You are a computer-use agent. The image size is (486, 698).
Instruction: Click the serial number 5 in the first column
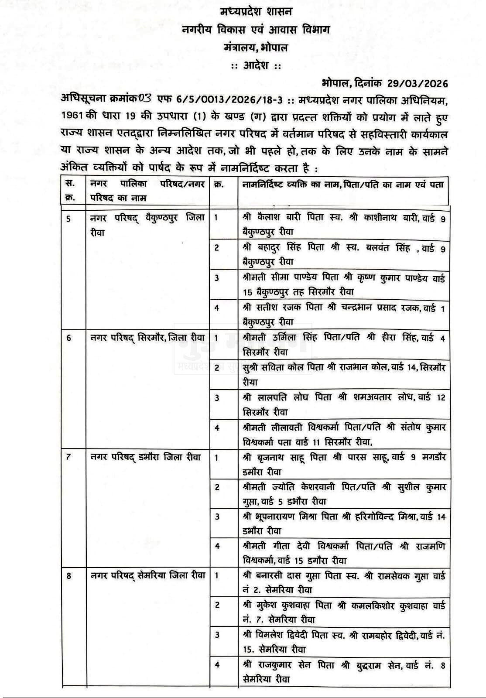click(69, 218)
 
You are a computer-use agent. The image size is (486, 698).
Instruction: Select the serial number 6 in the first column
click(69, 338)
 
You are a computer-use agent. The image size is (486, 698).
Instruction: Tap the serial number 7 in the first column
click(68, 457)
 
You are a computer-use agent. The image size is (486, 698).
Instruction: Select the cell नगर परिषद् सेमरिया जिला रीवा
click(147, 575)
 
